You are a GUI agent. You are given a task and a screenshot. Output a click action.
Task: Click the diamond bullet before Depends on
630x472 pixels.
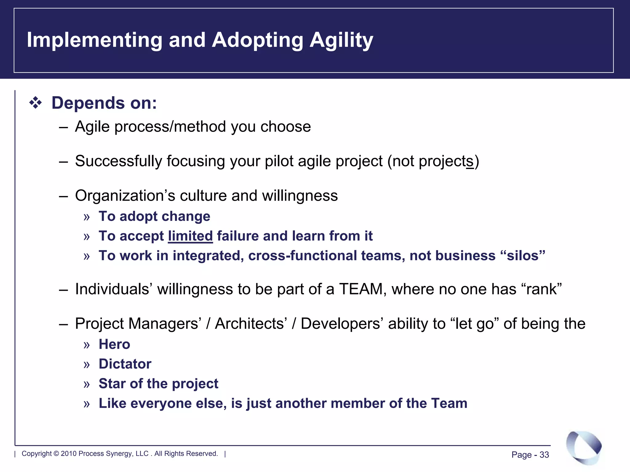tap(35, 103)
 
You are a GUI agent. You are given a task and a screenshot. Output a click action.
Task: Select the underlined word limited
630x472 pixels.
tap(190, 236)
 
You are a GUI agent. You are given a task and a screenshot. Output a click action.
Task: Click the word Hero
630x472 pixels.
tap(114, 344)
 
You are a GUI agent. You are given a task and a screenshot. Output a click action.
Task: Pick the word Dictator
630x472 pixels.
tap(125, 364)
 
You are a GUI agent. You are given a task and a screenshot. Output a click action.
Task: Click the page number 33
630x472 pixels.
tap(544, 455)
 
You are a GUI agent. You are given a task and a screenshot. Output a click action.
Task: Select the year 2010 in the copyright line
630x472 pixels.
tap(69, 454)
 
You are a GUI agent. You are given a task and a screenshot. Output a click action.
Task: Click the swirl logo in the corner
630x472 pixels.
tap(584, 447)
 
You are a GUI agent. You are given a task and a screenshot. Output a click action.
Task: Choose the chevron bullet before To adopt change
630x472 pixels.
tap(86, 217)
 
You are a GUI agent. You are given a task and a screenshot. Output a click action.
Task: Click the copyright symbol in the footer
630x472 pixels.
tap(56, 454)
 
